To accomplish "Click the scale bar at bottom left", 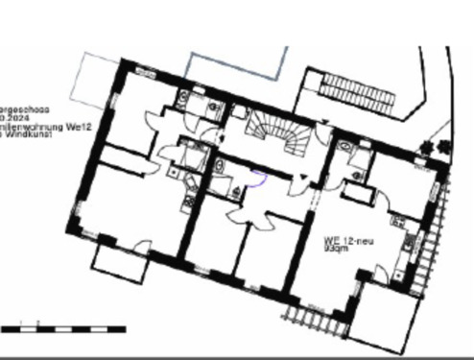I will click(62, 328).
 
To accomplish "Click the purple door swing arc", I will click(256, 175).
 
